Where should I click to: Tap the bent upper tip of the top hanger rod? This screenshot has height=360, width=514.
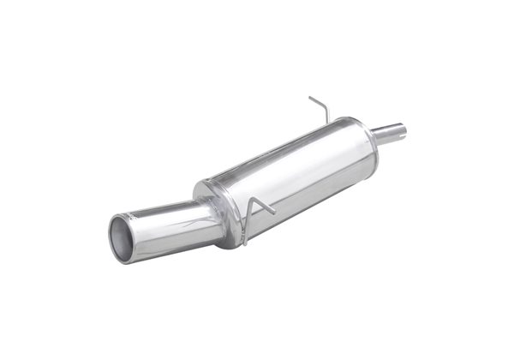(x=311, y=98)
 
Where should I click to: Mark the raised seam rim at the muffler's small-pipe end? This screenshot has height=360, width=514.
(x=360, y=137)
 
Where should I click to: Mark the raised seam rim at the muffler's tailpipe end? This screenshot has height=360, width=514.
(x=206, y=206)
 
